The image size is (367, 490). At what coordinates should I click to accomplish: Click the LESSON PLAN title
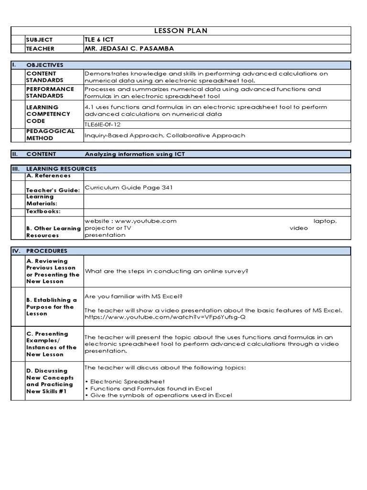pos(181,31)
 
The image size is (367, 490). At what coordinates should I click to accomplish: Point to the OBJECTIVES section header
pos(44,65)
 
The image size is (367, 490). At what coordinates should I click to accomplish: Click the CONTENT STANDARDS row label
pos(44,77)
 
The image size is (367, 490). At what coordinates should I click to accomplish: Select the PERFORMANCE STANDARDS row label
pos(50,92)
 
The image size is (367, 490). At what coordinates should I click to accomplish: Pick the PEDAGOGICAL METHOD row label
pos(50,134)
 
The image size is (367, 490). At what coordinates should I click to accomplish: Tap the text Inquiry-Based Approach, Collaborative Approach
pos(164,135)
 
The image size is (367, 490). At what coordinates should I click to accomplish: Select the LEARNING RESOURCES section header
pos(61,169)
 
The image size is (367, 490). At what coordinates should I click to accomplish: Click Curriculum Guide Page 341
pos(128,188)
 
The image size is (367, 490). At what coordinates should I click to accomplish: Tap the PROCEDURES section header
pos(47,251)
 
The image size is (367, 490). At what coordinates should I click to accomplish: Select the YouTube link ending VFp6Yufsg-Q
pos(166,317)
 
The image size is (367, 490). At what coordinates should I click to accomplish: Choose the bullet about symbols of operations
pos(158,395)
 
